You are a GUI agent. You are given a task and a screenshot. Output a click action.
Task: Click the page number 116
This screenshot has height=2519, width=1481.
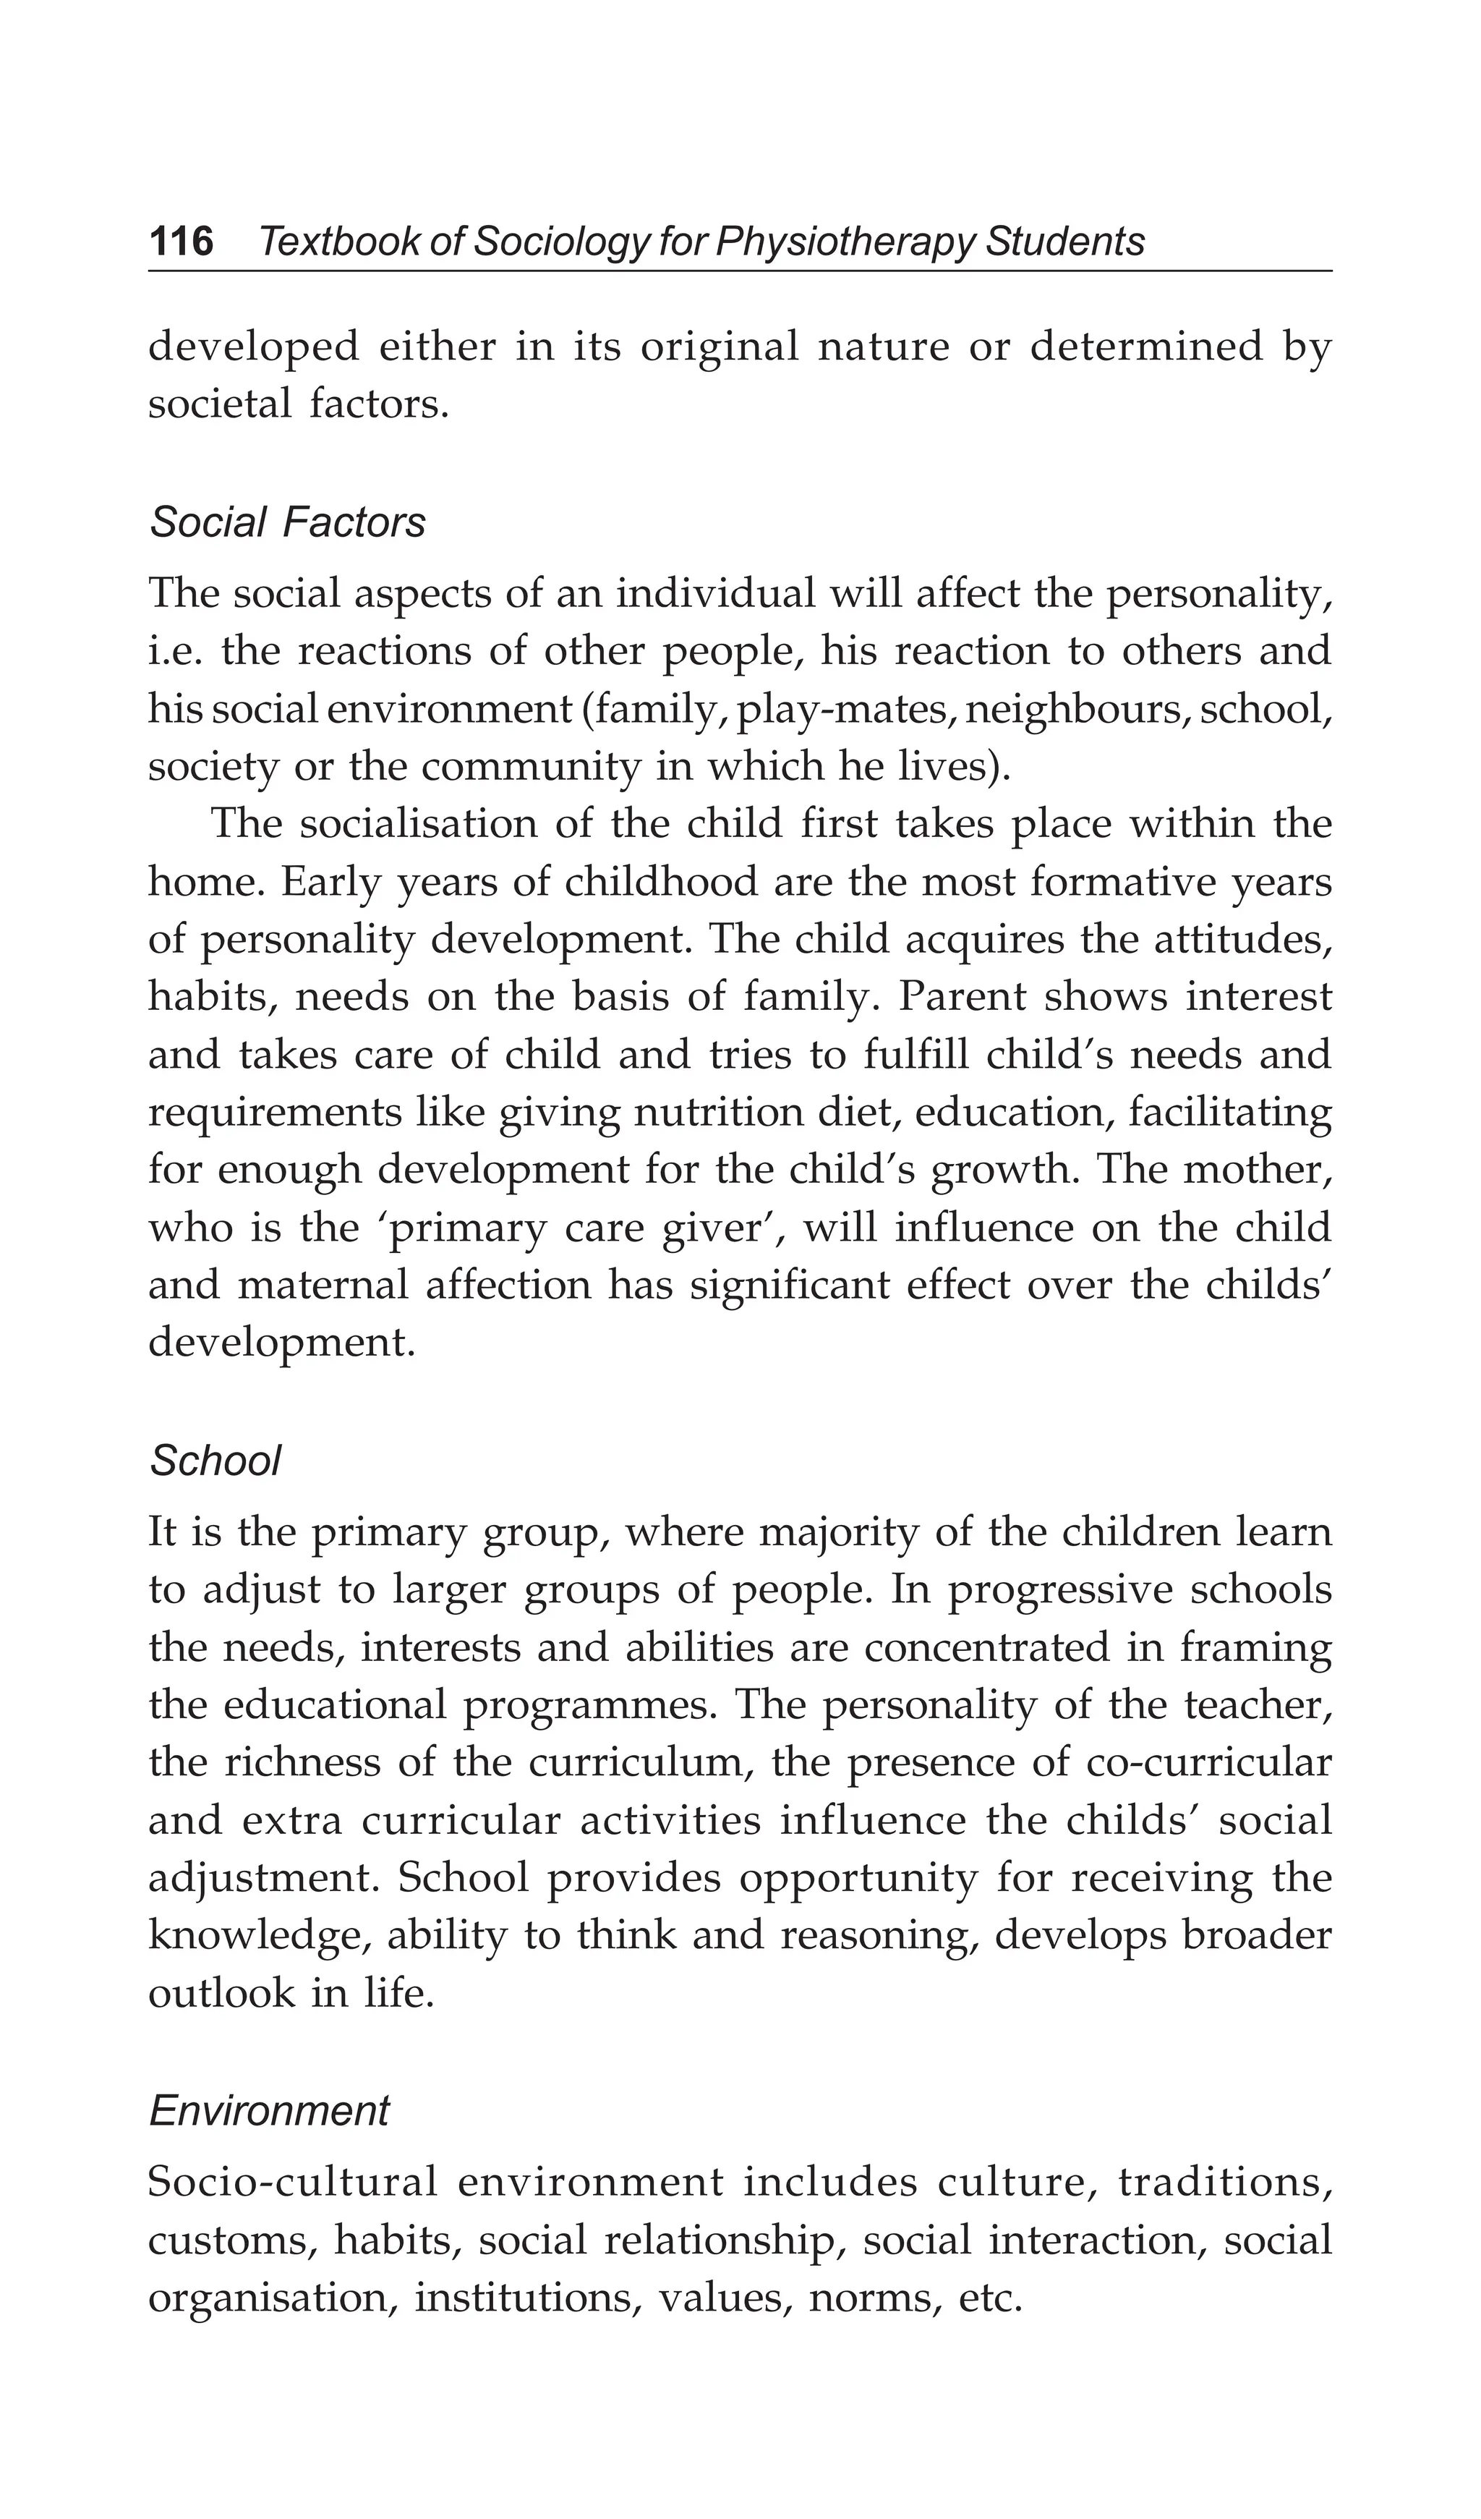pyautogui.click(x=181, y=242)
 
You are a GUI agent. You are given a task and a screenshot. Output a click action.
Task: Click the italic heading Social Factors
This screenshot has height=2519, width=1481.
pyautogui.click(x=287, y=523)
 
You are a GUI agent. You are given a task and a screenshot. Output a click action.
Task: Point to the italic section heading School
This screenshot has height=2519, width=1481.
pyautogui.click(x=215, y=1461)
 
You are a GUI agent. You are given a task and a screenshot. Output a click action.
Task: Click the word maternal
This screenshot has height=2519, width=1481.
pyautogui.click(x=323, y=1286)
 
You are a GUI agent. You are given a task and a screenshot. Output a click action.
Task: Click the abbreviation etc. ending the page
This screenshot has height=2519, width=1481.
pyautogui.click(x=989, y=2299)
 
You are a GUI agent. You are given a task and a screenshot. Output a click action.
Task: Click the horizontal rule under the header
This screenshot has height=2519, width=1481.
pyautogui.click(x=740, y=271)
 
